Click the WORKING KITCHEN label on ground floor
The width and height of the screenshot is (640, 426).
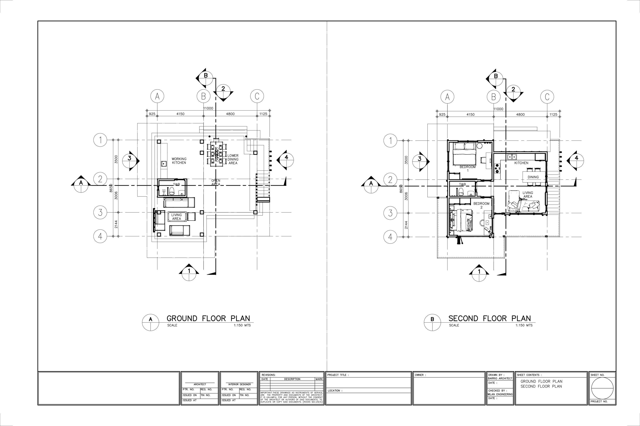179,160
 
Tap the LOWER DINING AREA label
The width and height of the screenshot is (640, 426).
233,159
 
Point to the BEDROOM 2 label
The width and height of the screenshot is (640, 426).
481,205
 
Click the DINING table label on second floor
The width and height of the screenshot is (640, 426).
533,177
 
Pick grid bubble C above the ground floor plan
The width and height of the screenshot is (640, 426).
257,96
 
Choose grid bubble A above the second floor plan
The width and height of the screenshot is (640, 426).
447,97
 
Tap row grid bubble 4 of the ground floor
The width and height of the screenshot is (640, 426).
100,236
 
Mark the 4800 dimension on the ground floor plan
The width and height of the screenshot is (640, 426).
230,114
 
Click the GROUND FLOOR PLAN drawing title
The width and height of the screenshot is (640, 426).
208,318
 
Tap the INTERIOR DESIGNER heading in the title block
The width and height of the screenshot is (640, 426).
239,384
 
